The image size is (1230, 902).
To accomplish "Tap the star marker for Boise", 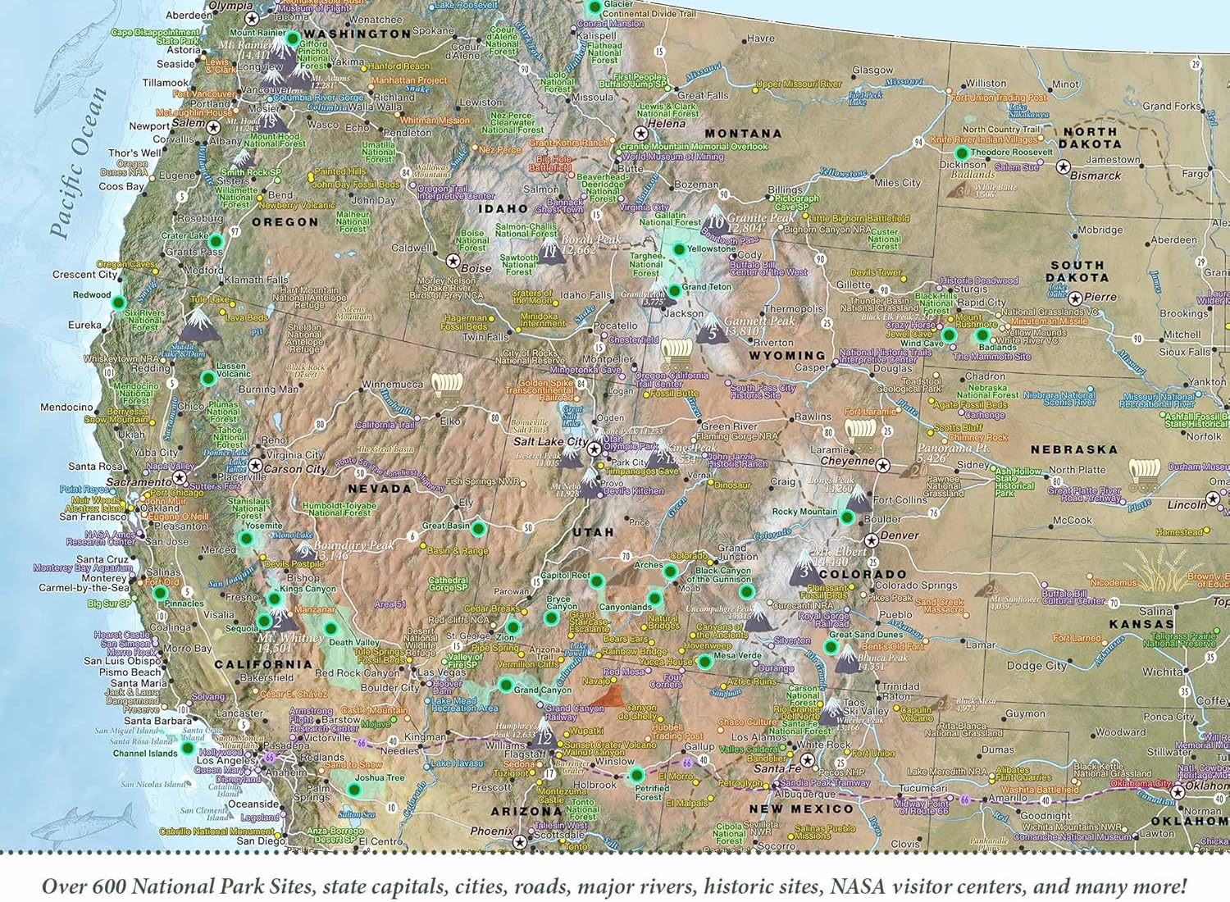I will [453, 261].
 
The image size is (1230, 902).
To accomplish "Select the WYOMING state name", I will [786, 356].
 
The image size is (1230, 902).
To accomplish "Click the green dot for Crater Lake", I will [216, 241].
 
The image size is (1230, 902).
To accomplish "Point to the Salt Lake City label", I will [550, 442].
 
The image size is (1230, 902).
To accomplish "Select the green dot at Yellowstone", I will [679, 249].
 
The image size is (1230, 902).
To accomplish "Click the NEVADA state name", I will [380, 489].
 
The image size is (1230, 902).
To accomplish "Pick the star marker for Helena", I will [641, 133].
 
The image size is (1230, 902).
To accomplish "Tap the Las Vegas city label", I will [443, 672].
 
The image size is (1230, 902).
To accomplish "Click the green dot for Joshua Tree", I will [354, 790].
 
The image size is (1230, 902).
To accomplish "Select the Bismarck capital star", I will [1064, 167].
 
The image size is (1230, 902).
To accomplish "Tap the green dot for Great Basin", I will [478, 529].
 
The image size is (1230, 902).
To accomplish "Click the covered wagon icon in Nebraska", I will [1144, 473].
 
